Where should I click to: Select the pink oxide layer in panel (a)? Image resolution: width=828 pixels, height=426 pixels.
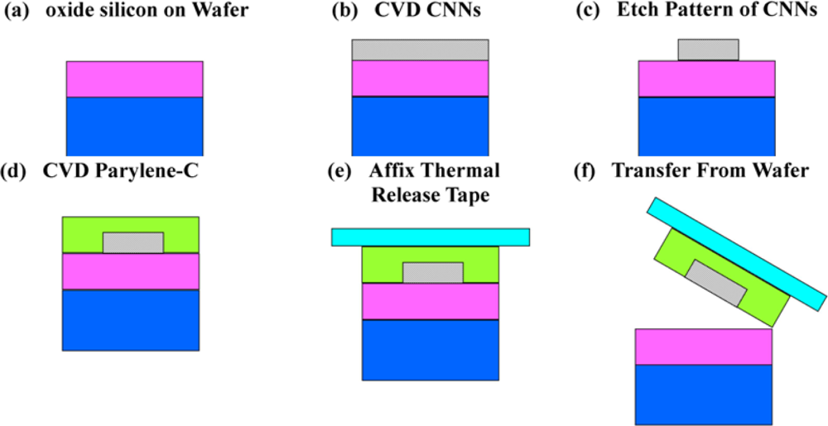[x=135, y=79]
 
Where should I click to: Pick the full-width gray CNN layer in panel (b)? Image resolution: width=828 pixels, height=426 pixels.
[x=420, y=50]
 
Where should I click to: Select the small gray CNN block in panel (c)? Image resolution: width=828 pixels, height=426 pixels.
[x=708, y=49]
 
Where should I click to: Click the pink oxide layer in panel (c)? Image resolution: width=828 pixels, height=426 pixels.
[x=707, y=79]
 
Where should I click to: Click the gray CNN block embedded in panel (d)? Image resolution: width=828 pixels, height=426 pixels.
[x=133, y=242]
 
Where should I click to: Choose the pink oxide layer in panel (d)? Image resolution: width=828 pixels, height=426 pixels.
[x=131, y=271]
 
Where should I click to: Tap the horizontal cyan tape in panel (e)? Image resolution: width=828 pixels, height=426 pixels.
[x=431, y=237]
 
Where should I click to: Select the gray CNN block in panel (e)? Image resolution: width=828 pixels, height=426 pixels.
[x=432, y=273]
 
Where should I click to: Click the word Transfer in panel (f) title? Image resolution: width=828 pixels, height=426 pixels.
[x=647, y=171]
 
